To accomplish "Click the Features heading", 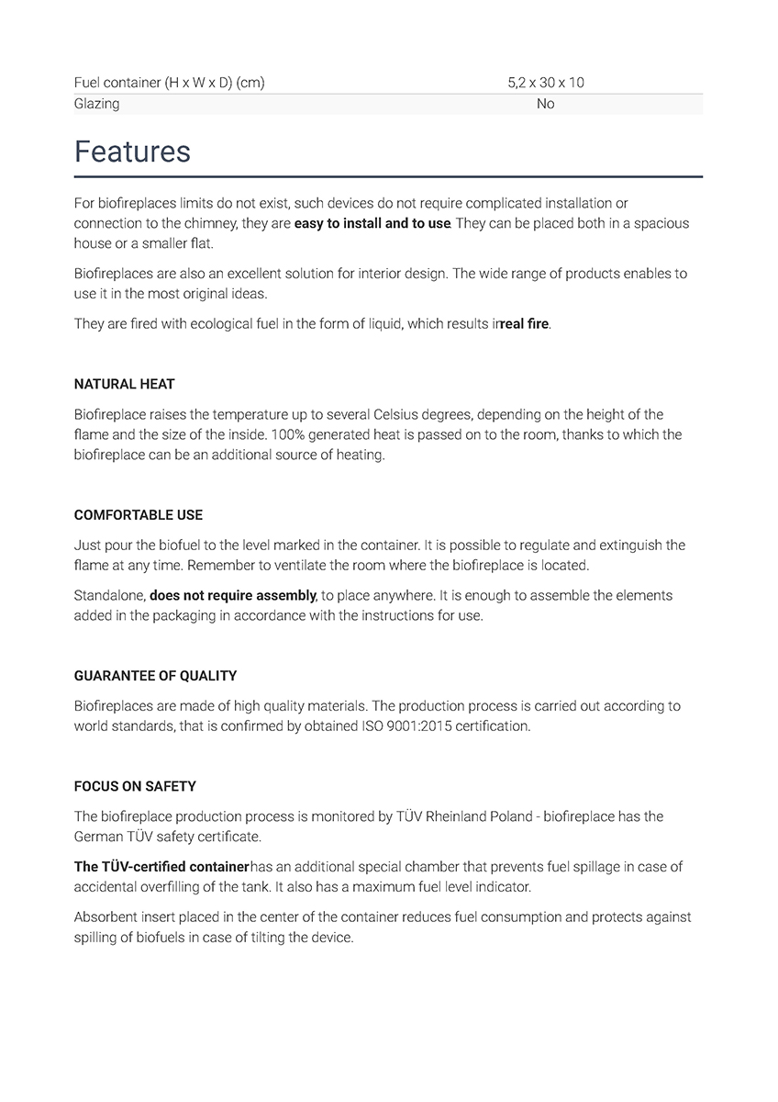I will [132, 152].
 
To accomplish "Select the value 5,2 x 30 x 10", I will [545, 83].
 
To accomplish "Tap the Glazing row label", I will [96, 104].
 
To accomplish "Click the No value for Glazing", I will [545, 104].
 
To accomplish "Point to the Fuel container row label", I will [169, 83].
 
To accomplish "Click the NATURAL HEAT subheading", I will [124, 384].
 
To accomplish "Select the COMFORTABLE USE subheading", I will [139, 515].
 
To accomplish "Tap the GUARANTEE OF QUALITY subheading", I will [155, 676].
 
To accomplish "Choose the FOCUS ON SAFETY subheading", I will [135, 786].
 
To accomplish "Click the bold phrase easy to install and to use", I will [372, 223].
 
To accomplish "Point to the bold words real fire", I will [525, 324].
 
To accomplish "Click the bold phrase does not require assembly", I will [233, 595].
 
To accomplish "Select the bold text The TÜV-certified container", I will [161, 866].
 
